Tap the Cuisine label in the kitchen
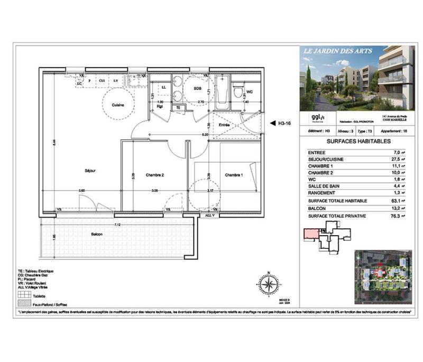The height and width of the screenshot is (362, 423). (x=117, y=105)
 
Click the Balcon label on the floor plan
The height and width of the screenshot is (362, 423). (x=96, y=234)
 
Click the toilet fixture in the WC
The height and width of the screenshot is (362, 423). (x=238, y=92)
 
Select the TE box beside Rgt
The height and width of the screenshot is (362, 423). (x=178, y=107)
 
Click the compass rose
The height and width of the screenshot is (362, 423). (x=269, y=285)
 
